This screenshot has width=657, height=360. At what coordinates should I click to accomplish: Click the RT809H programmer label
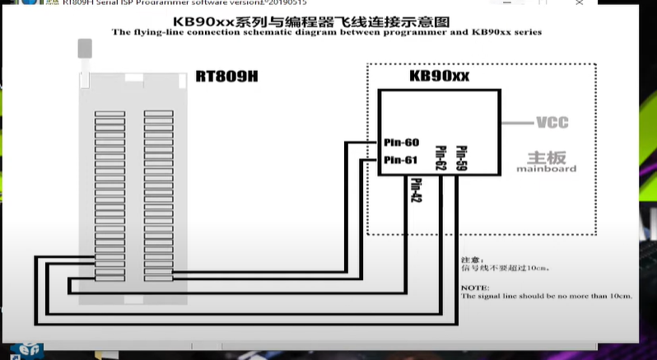(x=226, y=77)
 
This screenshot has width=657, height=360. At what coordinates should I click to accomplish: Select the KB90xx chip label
(x=439, y=77)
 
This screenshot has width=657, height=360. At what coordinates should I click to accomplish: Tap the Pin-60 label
(x=402, y=143)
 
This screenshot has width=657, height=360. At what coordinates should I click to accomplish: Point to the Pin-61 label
(x=402, y=159)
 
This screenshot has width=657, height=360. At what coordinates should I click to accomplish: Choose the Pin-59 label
(x=461, y=157)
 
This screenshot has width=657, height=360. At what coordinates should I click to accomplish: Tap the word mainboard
(x=546, y=169)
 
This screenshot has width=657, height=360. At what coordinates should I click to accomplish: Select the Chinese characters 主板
(x=545, y=157)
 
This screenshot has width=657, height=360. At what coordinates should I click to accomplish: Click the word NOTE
(x=475, y=288)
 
